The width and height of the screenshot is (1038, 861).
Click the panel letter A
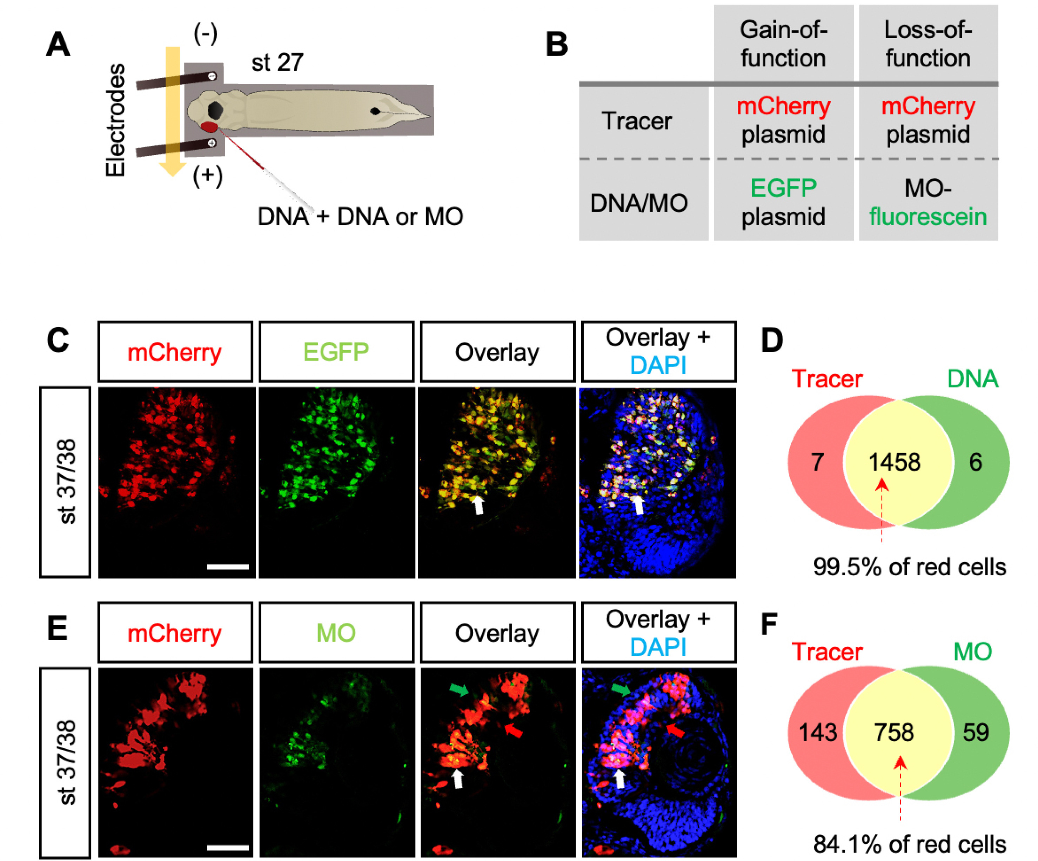(x=58, y=45)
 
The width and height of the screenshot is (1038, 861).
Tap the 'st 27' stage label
(x=277, y=63)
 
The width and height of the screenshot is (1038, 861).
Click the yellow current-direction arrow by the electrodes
(x=173, y=112)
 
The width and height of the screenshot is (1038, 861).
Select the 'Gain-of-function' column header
(x=783, y=44)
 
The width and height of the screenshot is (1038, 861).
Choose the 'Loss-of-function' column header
(x=928, y=44)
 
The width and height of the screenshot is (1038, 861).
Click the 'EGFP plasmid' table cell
(x=783, y=202)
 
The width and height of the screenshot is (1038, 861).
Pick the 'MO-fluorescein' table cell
(x=928, y=202)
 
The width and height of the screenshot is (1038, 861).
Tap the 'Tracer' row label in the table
(x=637, y=121)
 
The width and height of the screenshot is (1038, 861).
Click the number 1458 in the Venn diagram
(x=895, y=462)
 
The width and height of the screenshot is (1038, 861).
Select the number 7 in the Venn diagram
(x=818, y=462)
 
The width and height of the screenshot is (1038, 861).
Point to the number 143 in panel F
(x=818, y=733)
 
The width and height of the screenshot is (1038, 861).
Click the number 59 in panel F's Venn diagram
(x=975, y=733)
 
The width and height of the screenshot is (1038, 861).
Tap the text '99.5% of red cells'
(x=910, y=567)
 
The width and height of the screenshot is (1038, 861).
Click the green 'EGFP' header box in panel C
(x=336, y=352)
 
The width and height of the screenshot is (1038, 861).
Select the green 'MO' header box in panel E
(x=336, y=632)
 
